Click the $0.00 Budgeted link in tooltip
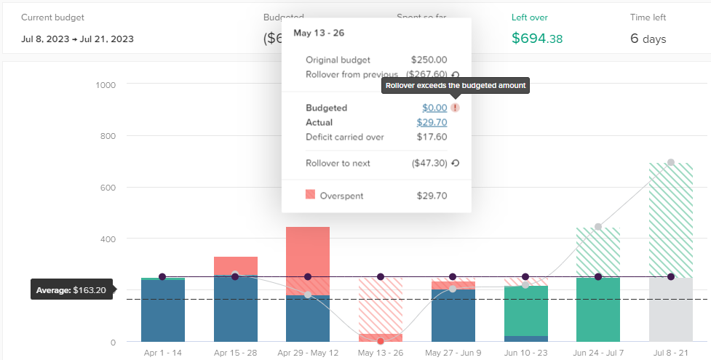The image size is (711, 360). (434, 108)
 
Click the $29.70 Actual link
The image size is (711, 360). (432, 122)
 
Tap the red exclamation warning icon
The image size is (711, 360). (455, 108)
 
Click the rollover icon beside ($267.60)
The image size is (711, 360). (455, 74)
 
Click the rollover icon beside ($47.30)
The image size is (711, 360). (455, 164)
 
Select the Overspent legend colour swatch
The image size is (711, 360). (311, 195)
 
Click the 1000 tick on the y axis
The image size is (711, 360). (106, 85)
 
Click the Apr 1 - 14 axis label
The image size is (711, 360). (162, 352)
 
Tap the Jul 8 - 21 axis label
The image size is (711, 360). (670, 352)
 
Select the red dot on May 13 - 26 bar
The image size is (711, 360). (380, 341)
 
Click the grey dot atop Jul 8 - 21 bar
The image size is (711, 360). (670, 162)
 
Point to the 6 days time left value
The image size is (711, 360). (648, 39)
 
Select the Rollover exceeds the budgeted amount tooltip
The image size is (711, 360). (455, 86)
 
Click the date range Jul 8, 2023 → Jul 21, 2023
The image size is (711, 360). (77, 39)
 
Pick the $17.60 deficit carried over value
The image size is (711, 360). (432, 137)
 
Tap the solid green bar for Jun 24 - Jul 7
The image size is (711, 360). (598, 309)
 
